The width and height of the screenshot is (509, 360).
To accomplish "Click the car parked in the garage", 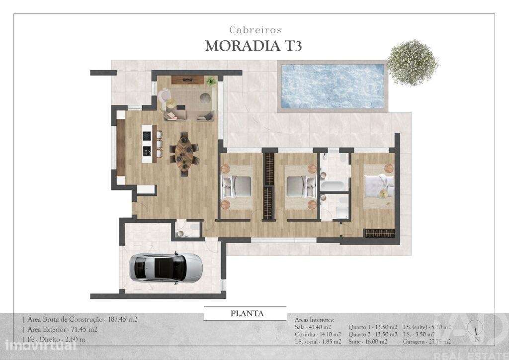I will (x=166, y=268).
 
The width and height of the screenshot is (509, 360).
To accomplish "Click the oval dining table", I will (x=183, y=154).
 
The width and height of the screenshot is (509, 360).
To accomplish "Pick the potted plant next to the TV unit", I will (x=211, y=80).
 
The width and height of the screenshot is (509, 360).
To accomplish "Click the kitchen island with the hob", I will (x=147, y=144).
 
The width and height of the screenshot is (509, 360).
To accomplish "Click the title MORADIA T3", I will (x=254, y=46).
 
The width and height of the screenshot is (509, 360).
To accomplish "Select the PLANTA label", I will (x=247, y=314).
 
